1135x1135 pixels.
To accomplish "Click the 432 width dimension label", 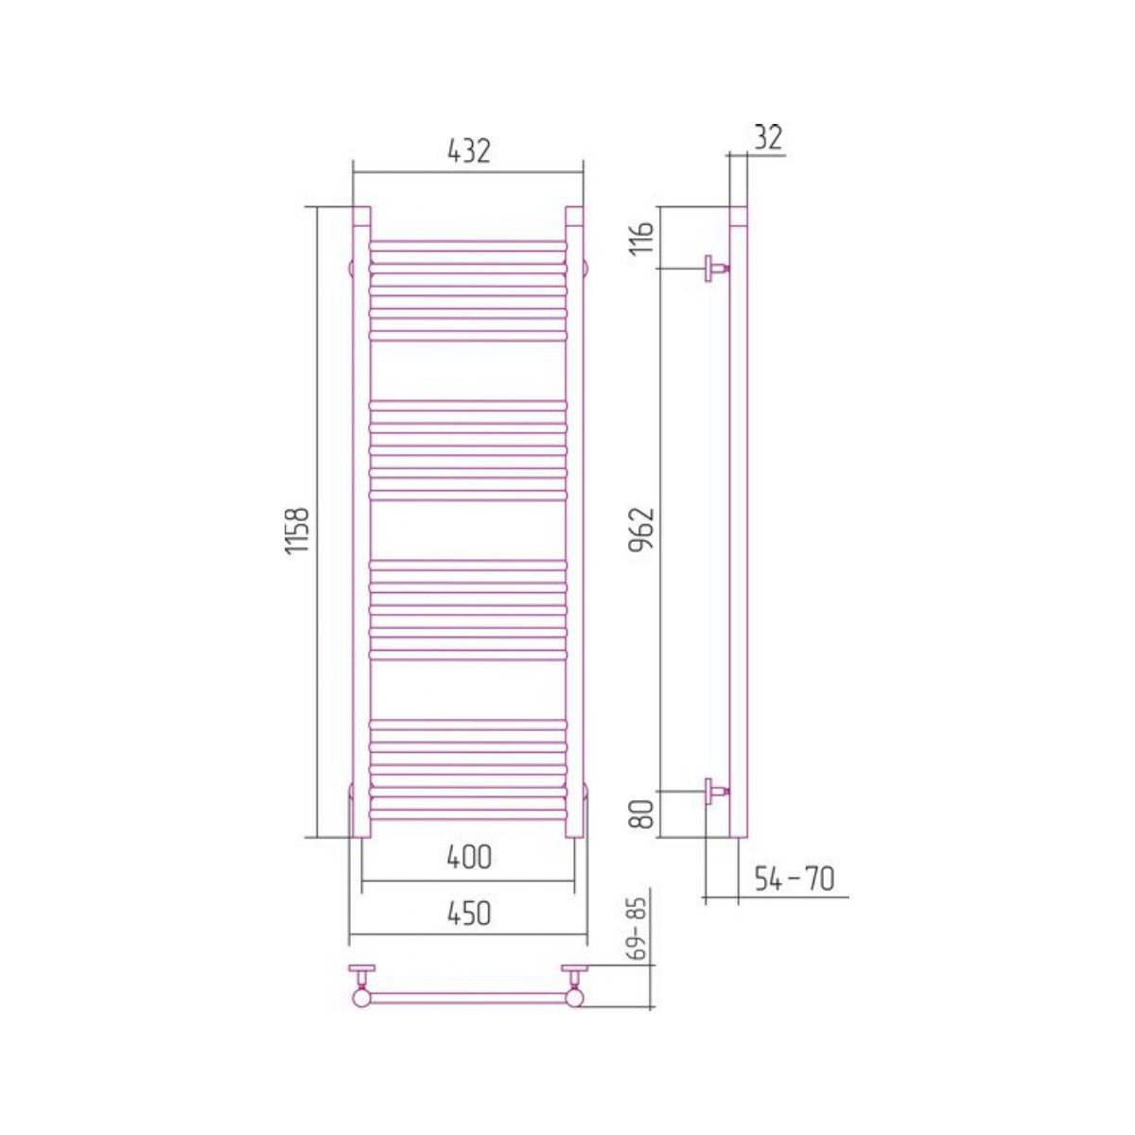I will tap(469, 151).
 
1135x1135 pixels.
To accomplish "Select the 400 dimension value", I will tap(469, 857).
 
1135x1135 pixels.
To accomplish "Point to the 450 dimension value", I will tap(469, 914).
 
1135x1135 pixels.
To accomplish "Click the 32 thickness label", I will tap(769, 138).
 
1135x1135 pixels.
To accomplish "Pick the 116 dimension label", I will tap(643, 239).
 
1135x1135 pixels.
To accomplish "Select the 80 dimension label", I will tap(643, 813).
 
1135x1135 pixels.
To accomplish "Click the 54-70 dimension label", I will tap(794, 880).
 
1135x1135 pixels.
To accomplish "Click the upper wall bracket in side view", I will tap(715, 268).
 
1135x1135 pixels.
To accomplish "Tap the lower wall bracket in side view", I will tap(715, 792).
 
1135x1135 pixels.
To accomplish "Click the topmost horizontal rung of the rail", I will tap(468, 245).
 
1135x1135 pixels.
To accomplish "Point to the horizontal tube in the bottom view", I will tap(468, 997).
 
